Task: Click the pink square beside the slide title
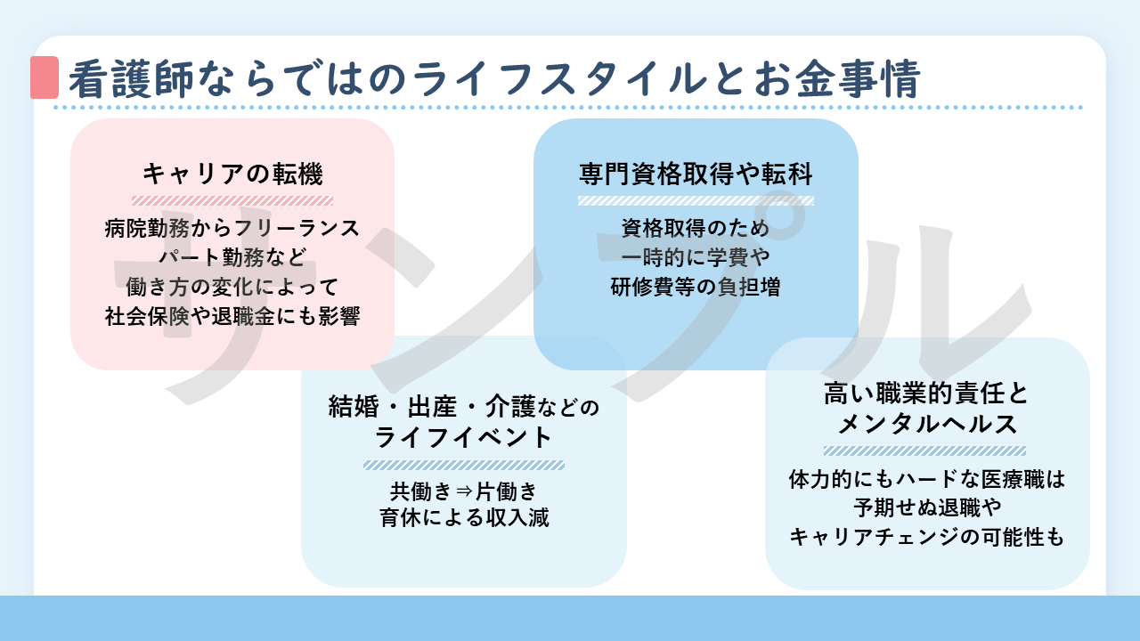click(x=45, y=77)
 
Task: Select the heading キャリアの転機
click(x=232, y=173)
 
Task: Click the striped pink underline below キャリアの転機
click(x=232, y=200)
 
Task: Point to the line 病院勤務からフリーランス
click(x=232, y=228)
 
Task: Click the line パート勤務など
click(x=232, y=257)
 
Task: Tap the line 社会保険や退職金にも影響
click(x=232, y=316)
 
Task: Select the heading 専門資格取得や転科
click(x=696, y=173)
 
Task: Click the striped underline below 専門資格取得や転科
click(x=696, y=200)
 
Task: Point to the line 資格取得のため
click(x=696, y=228)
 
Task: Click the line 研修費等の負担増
click(x=696, y=287)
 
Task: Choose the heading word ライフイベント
click(x=464, y=438)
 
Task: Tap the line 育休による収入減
click(x=464, y=517)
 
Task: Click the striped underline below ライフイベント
click(x=464, y=465)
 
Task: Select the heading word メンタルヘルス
click(x=927, y=424)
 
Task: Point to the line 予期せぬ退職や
click(x=927, y=508)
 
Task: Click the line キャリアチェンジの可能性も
click(x=927, y=537)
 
